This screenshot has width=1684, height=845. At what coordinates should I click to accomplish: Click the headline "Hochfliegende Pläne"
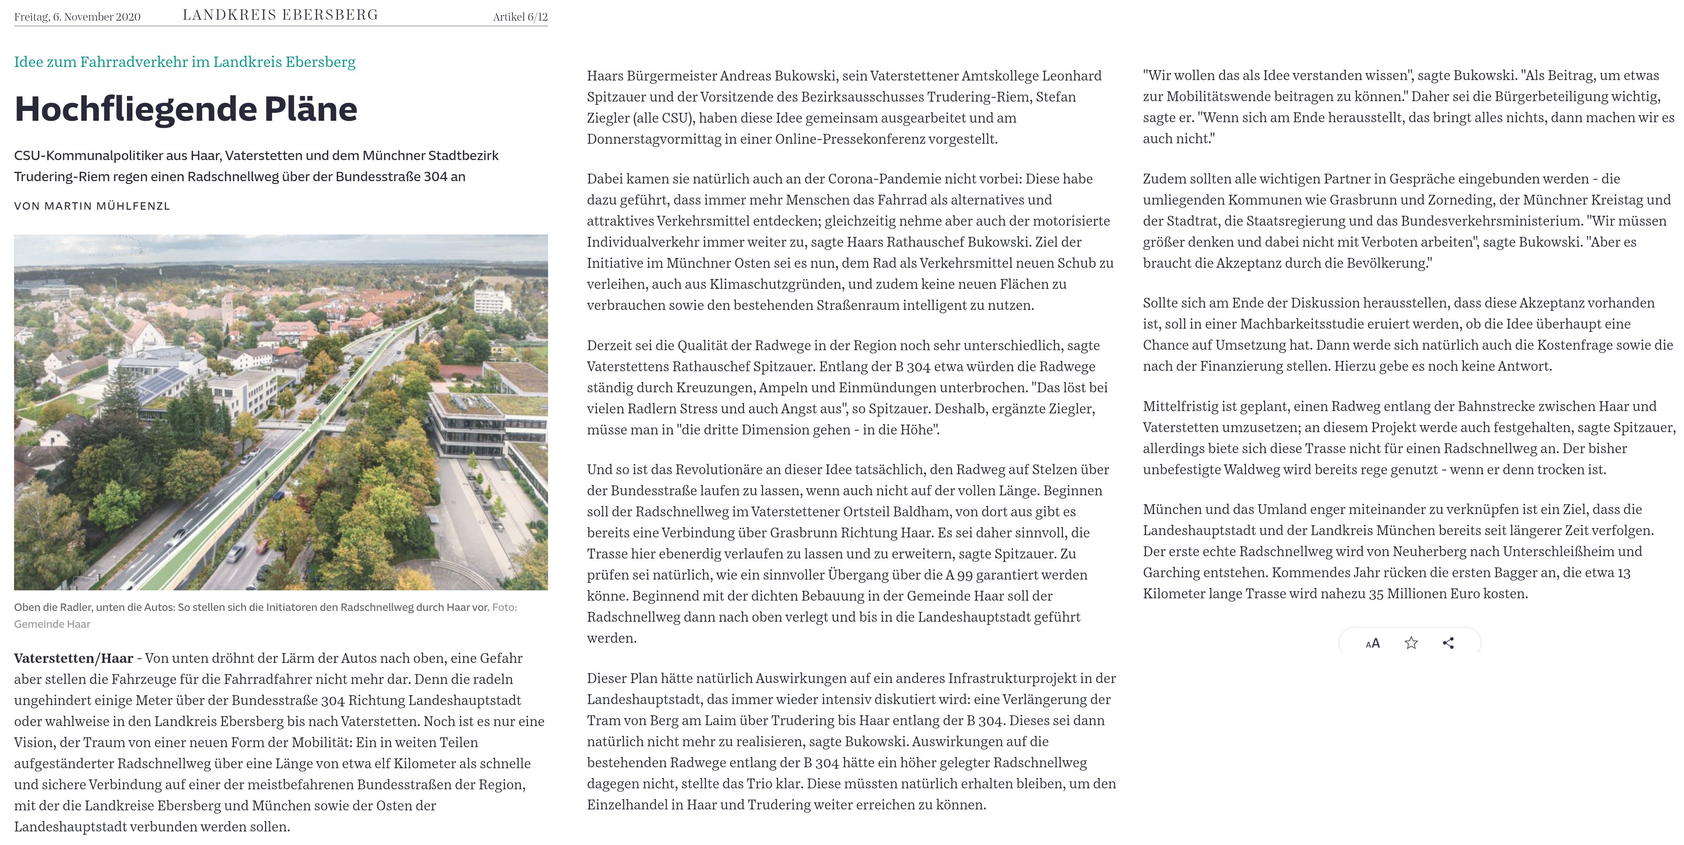click(185, 109)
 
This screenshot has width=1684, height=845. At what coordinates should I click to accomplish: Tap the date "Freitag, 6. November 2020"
click(77, 17)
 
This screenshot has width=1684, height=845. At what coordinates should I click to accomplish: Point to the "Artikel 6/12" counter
click(519, 17)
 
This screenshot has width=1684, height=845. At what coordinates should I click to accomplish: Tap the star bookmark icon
click(1411, 643)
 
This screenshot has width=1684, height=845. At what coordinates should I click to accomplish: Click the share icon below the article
click(1448, 643)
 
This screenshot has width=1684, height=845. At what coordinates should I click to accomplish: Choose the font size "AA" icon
click(1373, 643)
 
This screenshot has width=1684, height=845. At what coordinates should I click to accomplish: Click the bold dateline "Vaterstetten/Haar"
click(73, 658)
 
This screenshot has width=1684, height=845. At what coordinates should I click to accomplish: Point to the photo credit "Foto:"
click(504, 608)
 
